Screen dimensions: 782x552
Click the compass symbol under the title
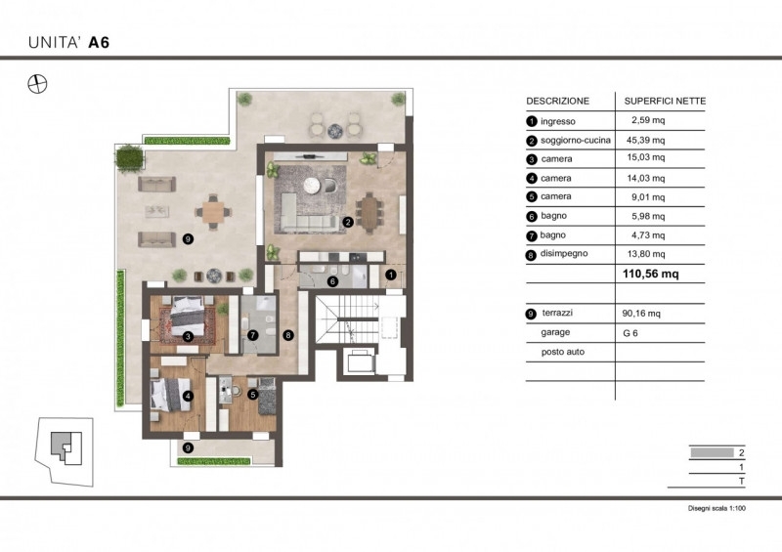coord(37,84)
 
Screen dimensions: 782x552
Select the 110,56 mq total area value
coord(650,274)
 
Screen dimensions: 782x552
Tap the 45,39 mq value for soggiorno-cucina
coord(645,140)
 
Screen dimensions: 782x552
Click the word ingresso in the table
coord(557,122)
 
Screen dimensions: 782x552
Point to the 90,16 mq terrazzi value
coord(641,314)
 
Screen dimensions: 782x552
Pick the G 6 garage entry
coord(630,333)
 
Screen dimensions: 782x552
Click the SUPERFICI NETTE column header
coord(665,102)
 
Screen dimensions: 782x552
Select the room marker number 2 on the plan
coord(348,223)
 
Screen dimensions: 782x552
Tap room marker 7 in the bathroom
coord(253,335)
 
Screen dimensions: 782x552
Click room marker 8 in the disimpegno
coord(287,335)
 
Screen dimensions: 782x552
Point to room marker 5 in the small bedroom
coord(253,395)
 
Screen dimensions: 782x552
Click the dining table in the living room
coord(369,213)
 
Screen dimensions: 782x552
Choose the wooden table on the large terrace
coord(213,212)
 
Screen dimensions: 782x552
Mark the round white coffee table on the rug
coord(312,185)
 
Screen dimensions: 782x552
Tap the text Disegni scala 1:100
coord(717,509)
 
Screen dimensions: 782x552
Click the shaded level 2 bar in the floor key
coord(713,452)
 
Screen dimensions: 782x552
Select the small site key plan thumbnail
coord(64,451)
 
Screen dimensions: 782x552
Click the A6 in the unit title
coord(99,42)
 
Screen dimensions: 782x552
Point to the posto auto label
coord(563,352)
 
